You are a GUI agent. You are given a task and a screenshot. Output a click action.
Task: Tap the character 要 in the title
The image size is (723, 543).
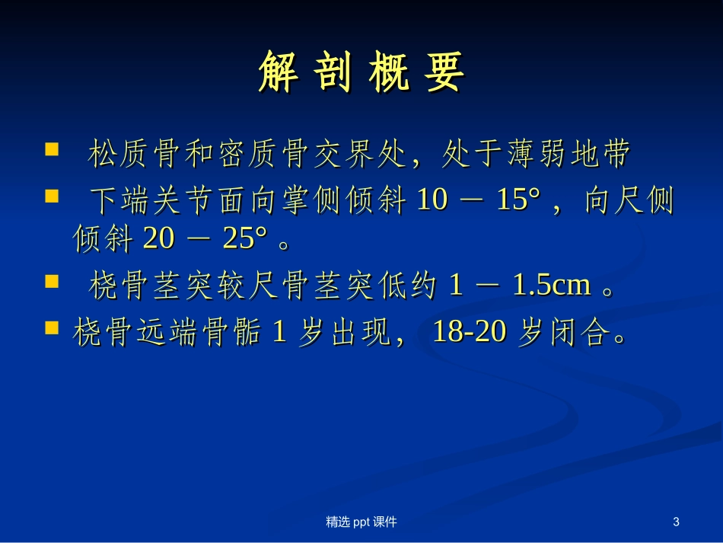444,73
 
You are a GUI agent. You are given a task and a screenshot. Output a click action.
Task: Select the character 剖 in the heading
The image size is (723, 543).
334,73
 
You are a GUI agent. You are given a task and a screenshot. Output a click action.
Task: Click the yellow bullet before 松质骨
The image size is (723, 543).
53,149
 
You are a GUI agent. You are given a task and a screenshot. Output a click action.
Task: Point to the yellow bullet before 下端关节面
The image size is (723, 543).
53,196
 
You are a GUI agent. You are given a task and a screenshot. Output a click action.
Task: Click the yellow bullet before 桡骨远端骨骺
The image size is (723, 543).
53,327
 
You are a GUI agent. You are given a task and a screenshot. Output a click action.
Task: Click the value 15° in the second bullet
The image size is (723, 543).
518,201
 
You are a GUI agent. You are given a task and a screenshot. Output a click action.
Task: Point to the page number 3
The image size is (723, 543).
676,522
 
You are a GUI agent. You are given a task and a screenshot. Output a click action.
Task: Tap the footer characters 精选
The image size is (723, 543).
337,522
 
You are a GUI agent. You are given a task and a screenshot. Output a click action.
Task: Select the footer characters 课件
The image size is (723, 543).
386,522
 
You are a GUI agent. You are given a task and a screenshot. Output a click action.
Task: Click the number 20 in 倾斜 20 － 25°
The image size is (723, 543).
158,240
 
